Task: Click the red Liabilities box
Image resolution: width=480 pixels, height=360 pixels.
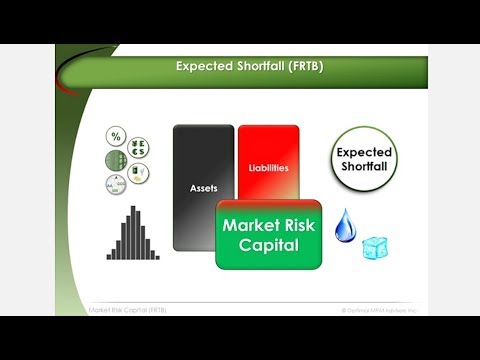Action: (x=268, y=160)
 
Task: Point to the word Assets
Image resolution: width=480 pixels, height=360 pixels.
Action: (x=203, y=187)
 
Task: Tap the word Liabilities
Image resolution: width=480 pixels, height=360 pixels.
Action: (x=268, y=167)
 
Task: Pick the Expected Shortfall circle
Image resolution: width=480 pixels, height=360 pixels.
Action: (x=363, y=160)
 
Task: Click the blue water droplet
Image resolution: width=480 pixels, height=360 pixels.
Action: (x=345, y=226)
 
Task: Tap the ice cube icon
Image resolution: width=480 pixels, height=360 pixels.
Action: (x=374, y=244)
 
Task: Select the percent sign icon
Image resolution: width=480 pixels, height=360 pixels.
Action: (x=116, y=137)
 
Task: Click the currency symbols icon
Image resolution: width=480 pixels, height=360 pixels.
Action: (x=135, y=146)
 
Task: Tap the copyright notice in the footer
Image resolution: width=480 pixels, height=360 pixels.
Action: (x=379, y=310)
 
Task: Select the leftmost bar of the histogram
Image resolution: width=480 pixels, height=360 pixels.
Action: (x=109, y=255)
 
